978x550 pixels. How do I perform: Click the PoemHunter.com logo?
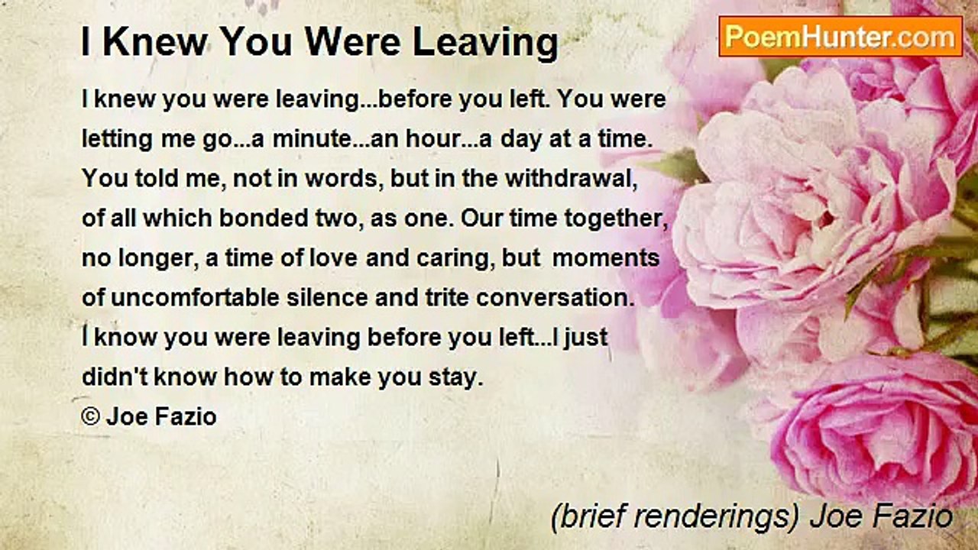pyautogui.click(x=840, y=37)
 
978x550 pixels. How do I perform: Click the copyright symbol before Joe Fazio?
pyautogui.click(x=90, y=417)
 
